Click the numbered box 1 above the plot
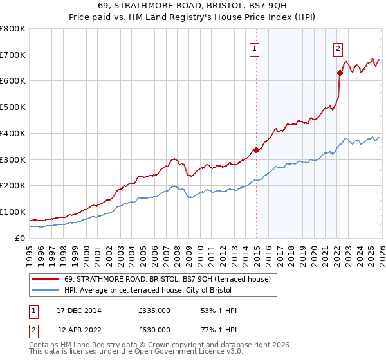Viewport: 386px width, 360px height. [x=255, y=48]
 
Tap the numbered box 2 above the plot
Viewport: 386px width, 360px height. [x=338, y=48]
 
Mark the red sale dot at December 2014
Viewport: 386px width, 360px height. [x=256, y=150]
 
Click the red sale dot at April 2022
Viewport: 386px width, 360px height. [x=340, y=73]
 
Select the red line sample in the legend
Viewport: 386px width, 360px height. [x=45, y=279]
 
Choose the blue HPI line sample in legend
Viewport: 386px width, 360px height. [x=45, y=290]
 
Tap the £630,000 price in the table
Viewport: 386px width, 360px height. [x=154, y=329]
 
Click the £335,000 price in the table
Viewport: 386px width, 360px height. [x=154, y=311]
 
